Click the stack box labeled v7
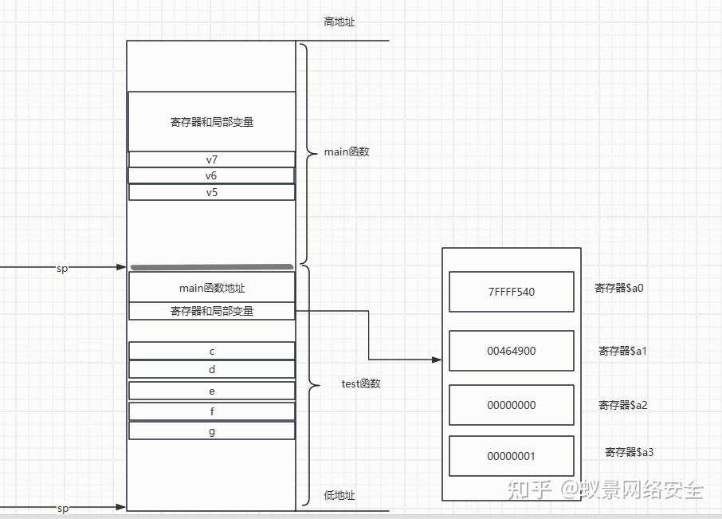point(211,159)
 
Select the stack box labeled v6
point(211,175)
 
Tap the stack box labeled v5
point(211,192)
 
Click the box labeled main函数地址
point(211,287)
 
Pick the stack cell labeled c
point(211,351)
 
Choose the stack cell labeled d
point(211,369)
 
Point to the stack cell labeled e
point(211,391)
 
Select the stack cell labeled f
point(211,411)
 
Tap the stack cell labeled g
point(211,431)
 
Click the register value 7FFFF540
point(511,292)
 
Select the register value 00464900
point(511,351)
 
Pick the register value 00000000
point(511,405)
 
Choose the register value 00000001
point(511,456)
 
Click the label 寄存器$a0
point(618,288)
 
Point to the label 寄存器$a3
point(629,452)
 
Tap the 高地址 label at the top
point(339,22)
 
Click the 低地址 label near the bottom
point(339,495)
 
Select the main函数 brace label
point(347,151)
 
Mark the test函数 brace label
point(361,383)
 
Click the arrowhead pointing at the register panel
point(437,360)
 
